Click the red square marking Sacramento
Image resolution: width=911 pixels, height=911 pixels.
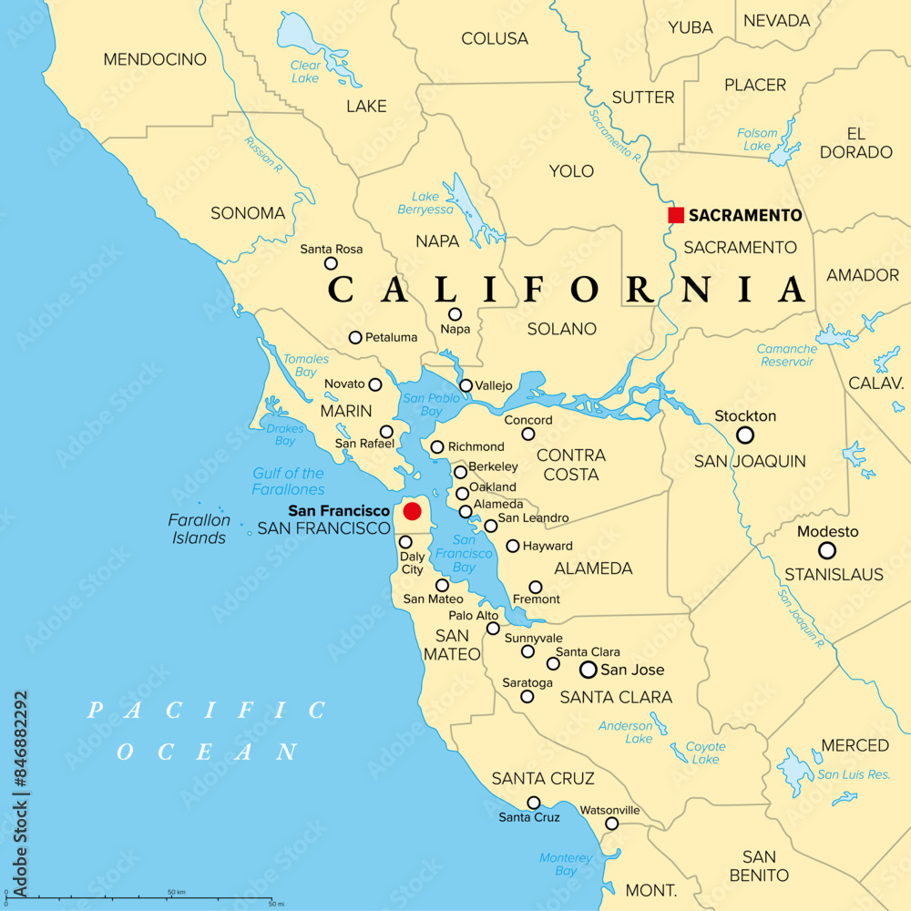676,215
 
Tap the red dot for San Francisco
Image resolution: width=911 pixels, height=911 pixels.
413,511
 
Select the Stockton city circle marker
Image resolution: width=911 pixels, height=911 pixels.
745,435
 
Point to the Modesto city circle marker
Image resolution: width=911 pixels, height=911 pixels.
827,550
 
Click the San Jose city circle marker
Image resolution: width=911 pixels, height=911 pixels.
589,670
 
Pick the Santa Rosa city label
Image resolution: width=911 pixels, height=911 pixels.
332,249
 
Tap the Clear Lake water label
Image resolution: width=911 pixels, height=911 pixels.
305,71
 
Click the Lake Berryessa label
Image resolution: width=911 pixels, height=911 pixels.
425,202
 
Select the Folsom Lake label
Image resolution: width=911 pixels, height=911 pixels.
758,139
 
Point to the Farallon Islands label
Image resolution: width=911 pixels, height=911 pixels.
199,528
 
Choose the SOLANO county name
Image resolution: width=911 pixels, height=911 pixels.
562,329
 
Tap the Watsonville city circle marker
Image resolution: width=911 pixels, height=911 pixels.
612,824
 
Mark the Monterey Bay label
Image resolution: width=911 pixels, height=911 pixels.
566,864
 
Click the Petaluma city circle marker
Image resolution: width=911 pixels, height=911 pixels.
355,337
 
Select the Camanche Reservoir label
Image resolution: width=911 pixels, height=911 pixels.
786,355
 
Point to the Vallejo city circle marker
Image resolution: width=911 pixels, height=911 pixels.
466,385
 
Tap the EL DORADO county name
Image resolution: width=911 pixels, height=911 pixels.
855,142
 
